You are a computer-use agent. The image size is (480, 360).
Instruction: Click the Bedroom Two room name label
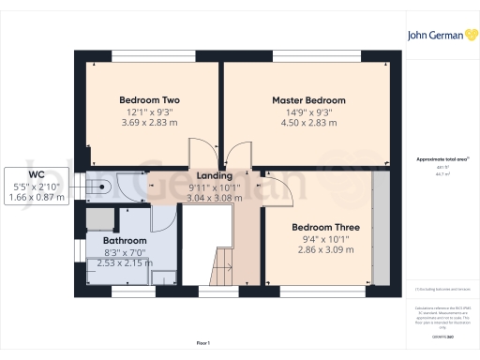[149, 100]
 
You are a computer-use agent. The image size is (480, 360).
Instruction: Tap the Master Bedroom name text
[308, 100]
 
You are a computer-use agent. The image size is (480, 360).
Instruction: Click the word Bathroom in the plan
[125, 241]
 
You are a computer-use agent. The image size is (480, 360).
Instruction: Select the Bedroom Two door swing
[202, 153]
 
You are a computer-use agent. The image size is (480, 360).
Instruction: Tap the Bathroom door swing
[159, 217]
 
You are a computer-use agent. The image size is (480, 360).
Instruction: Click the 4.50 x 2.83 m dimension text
[308, 123]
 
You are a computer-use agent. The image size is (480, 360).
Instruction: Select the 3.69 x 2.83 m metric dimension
[149, 123]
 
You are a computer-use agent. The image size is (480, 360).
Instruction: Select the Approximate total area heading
[438, 160]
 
